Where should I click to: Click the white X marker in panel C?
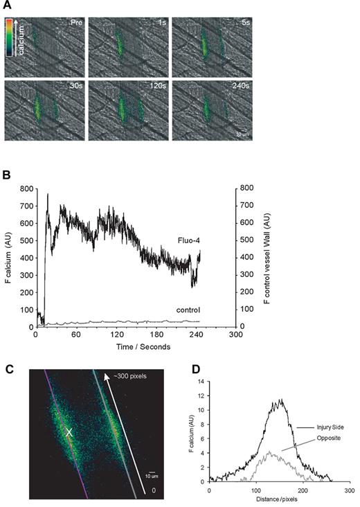coord(69,433)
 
